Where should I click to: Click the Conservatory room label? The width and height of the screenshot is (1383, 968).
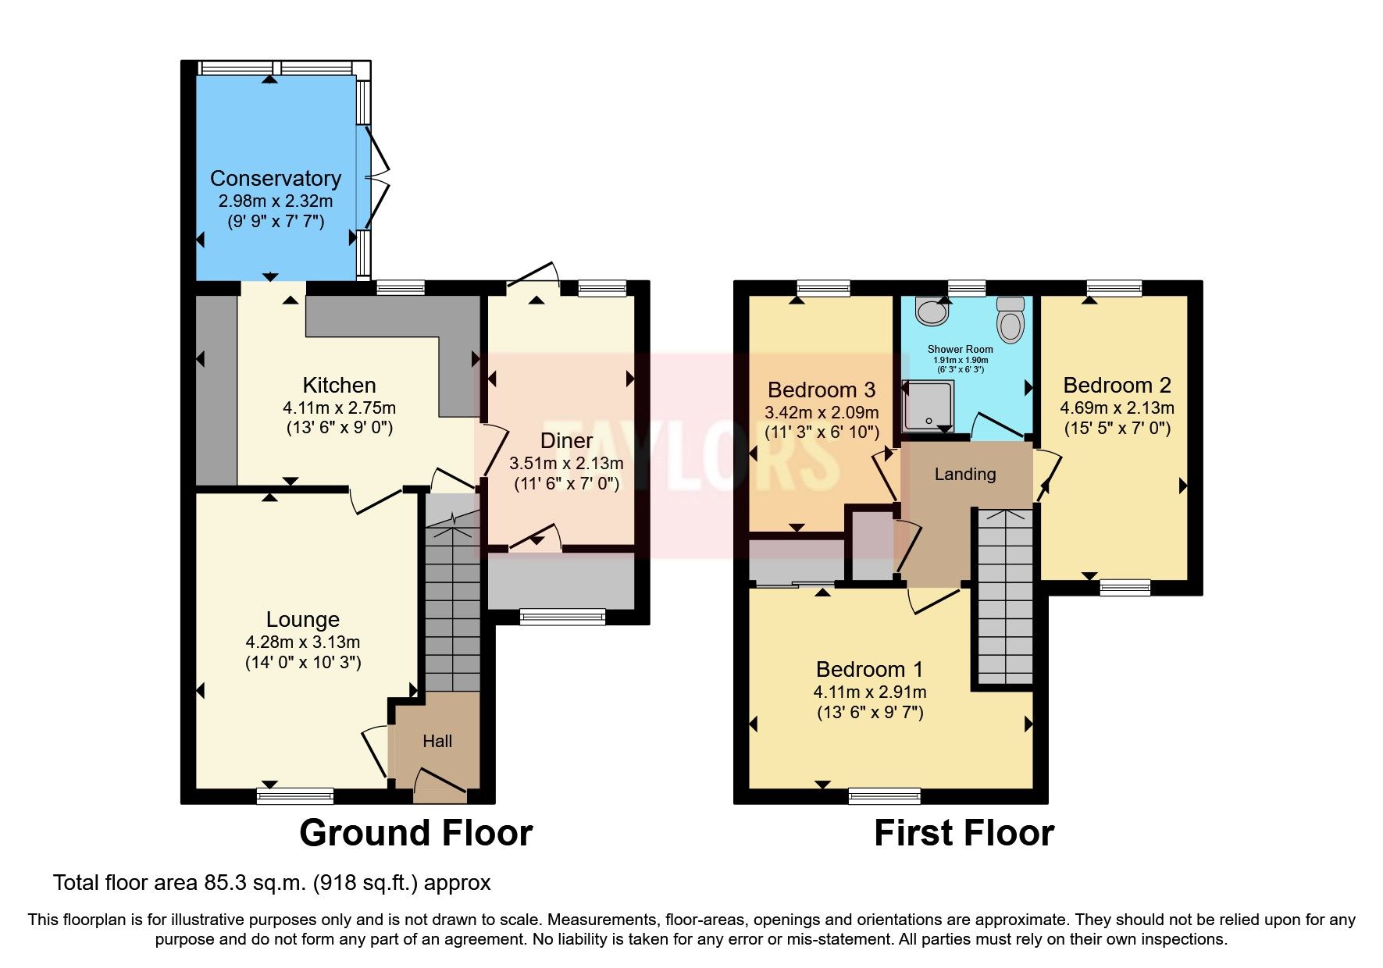[276, 179]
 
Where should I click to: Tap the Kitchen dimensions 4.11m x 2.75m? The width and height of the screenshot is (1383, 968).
[339, 407]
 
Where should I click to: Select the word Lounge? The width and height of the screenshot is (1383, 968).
[303, 620]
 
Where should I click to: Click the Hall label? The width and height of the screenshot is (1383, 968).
[437, 741]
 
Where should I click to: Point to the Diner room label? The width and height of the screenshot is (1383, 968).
[566, 441]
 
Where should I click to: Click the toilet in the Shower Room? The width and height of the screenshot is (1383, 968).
[1010, 322]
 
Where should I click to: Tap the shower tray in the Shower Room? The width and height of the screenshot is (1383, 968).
[928, 405]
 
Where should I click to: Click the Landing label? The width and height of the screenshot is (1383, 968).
[965, 474]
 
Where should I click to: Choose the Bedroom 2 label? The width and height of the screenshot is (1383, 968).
[1117, 385]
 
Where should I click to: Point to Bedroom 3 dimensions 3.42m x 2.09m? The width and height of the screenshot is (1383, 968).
[822, 412]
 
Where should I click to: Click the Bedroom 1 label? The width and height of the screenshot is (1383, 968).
[869, 669]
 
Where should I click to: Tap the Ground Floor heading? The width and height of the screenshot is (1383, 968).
[415, 833]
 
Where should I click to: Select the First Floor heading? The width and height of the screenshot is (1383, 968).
[964, 833]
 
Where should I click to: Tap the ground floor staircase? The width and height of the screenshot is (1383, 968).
[452, 601]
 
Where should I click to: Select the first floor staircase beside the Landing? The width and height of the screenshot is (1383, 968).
[1005, 597]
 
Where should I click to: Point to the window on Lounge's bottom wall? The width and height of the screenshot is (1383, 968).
[295, 796]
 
